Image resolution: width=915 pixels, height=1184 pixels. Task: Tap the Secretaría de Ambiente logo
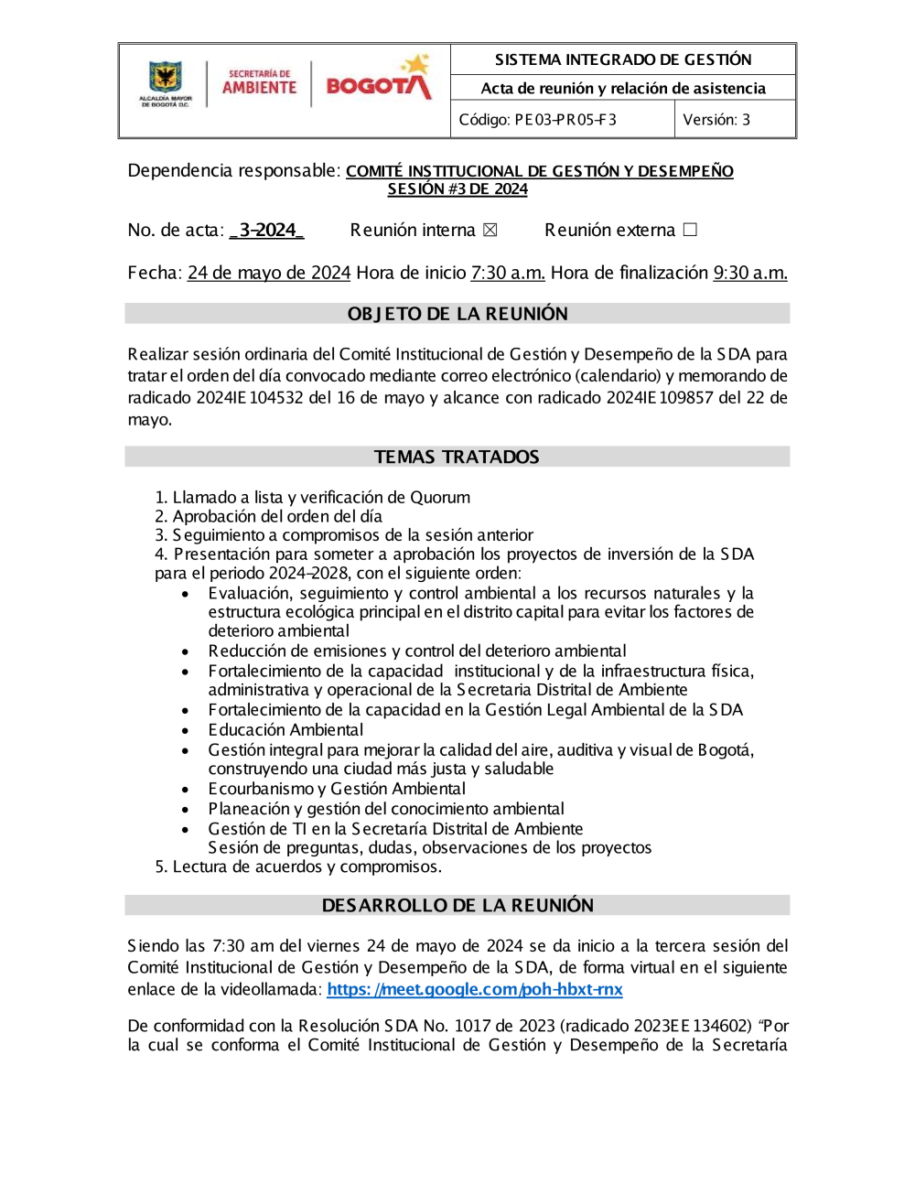click(x=259, y=83)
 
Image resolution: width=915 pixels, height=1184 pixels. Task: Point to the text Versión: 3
click(x=716, y=120)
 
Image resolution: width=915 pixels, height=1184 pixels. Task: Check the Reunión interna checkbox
click(x=490, y=231)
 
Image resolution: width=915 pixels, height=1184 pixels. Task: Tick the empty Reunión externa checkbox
click(x=690, y=230)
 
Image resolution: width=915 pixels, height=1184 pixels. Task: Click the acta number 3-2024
click(x=266, y=231)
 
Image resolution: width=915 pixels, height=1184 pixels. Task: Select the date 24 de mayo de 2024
click(x=269, y=273)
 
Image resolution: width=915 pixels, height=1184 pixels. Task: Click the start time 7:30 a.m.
click(x=508, y=273)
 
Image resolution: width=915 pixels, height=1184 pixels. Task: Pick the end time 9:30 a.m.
click(x=750, y=273)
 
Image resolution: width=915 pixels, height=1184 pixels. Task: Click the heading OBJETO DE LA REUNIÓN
click(x=457, y=314)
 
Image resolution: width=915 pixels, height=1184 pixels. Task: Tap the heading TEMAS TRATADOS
click(x=457, y=457)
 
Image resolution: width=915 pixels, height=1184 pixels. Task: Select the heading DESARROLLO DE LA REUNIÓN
click(x=457, y=905)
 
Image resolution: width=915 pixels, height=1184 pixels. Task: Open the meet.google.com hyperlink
click(x=475, y=989)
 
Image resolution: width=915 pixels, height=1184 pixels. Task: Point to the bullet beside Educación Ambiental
click(x=186, y=730)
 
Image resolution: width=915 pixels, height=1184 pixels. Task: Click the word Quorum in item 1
click(x=440, y=498)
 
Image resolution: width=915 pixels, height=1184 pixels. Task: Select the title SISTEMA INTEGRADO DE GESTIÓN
click(x=623, y=59)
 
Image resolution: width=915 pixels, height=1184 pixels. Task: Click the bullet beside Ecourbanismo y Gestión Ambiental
click(x=186, y=789)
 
